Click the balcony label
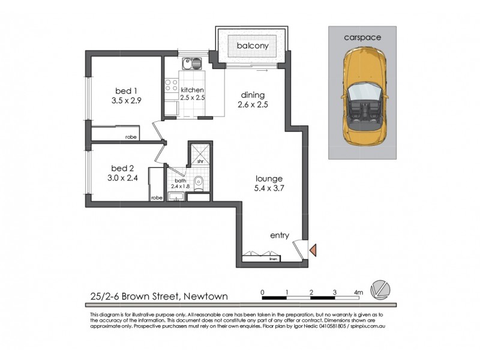[252, 46]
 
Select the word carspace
[362, 37]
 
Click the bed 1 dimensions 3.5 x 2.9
[126, 101]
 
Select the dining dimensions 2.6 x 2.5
[252, 104]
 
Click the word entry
[280, 236]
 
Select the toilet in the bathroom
[203, 185]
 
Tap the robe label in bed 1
[130, 137]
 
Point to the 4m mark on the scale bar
[358, 292]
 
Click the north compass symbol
[379, 288]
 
